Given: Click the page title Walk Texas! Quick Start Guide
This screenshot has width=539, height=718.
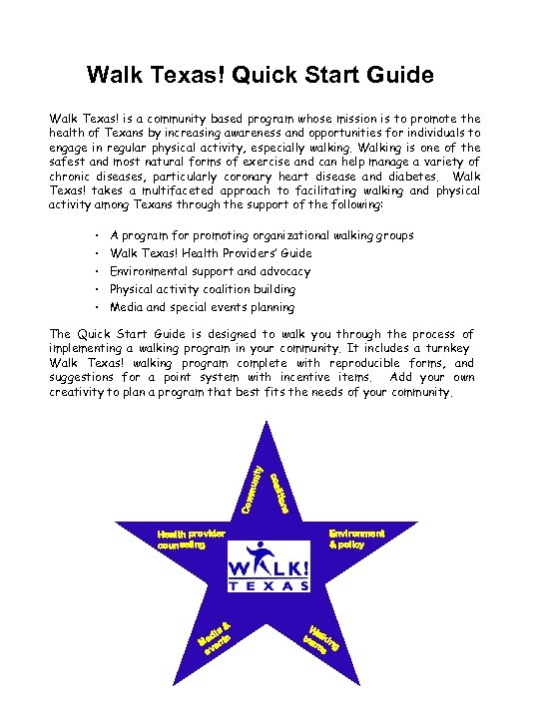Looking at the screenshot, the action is (261, 75).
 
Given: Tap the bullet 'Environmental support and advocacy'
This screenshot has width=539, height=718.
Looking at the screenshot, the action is (210, 271).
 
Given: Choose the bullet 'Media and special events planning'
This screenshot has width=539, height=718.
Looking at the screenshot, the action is (202, 307).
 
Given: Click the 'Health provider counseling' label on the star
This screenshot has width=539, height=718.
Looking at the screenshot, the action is (191, 539).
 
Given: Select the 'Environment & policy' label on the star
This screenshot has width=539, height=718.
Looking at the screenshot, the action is (356, 538).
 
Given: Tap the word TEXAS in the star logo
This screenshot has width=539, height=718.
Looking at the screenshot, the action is (270, 586).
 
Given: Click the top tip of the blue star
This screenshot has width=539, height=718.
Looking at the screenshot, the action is (267, 424).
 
